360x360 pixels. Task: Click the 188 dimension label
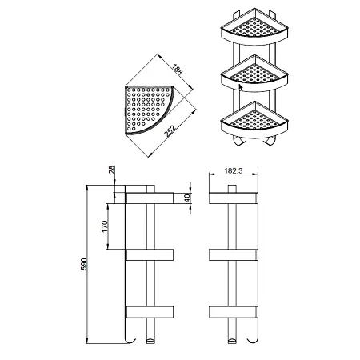(177, 70)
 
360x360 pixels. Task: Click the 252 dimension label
(170, 131)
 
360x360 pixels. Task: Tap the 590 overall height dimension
(84, 264)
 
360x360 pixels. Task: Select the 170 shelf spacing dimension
(105, 226)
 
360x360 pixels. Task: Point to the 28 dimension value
(112, 170)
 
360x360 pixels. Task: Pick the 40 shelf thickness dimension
(187, 198)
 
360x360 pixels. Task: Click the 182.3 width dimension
(234, 170)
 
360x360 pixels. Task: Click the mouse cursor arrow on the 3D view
(241, 88)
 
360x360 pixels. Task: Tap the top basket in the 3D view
(254, 26)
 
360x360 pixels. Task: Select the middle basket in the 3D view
(254, 74)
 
